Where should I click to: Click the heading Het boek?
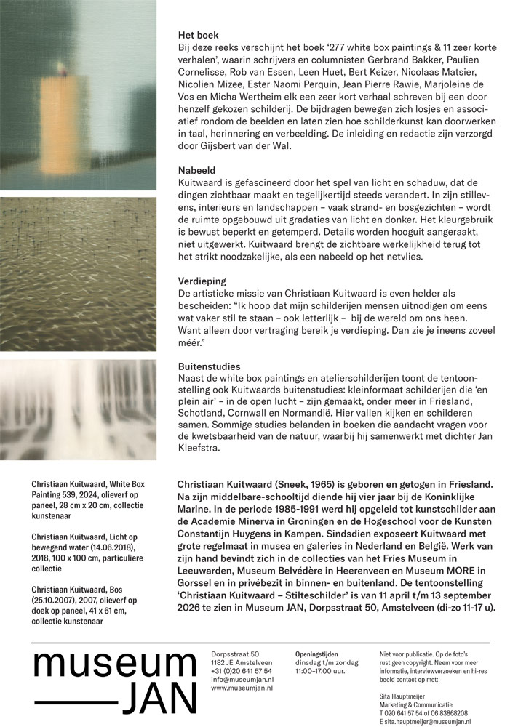(x=198, y=34)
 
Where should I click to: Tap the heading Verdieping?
(x=202, y=281)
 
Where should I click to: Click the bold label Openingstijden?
(x=316, y=654)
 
